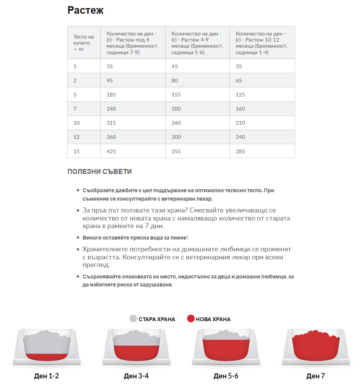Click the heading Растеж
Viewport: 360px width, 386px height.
[86, 10]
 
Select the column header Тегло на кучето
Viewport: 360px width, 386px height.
[84, 43]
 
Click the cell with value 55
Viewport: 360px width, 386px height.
[110, 66]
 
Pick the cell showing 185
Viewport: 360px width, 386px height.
[111, 95]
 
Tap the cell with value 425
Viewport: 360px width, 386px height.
[111, 151]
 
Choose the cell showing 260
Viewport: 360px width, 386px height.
[176, 123]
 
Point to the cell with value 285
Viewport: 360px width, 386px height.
[241, 151]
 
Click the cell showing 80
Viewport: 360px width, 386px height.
[175, 80]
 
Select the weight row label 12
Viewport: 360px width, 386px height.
[76, 137]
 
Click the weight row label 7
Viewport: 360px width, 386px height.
[75, 109]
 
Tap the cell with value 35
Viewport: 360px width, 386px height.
[239, 66]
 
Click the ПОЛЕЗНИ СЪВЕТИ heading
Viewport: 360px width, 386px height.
[100, 172]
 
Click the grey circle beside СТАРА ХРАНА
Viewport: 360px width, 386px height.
[133, 319]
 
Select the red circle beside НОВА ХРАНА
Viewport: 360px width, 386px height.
[190, 319]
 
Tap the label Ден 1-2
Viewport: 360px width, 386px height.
[47, 376]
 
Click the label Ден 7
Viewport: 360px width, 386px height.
[315, 376]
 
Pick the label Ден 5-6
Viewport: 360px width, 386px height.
[226, 376]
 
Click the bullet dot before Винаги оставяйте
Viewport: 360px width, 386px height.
[78, 238]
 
